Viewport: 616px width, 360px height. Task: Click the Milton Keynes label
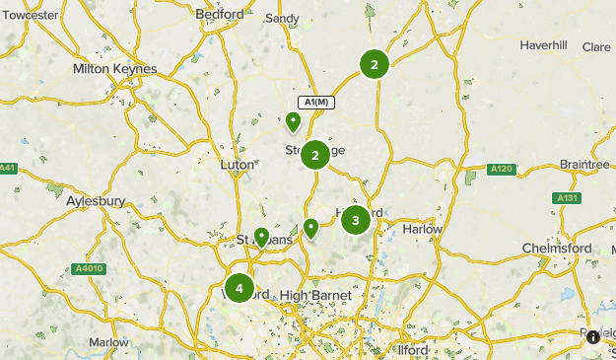pyautogui.click(x=114, y=69)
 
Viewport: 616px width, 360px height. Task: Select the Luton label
pyautogui.click(x=237, y=165)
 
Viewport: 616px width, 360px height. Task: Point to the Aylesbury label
pyautogui.click(x=96, y=201)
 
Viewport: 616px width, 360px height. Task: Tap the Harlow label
pyautogui.click(x=423, y=229)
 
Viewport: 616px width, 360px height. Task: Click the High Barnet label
pyautogui.click(x=309, y=296)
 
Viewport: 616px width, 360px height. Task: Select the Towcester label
pyautogui.click(x=32, y=17)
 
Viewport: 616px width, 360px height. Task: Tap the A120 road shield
pyautogui.click(x=502, y=170)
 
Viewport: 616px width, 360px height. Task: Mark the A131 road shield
pyautogui.click(x=567, y=198)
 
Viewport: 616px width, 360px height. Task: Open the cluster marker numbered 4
pyautogui.click(x=239, y=288)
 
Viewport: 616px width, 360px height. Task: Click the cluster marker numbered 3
pyautogui.click(x=356, y=220)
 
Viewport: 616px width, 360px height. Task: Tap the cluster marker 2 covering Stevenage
pyautogui.click(x=315, y=155)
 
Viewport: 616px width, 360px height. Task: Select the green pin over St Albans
pyautogui.click(x=261, y=237)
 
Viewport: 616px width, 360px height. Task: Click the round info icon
pyautogui.click(x=593, y=337)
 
